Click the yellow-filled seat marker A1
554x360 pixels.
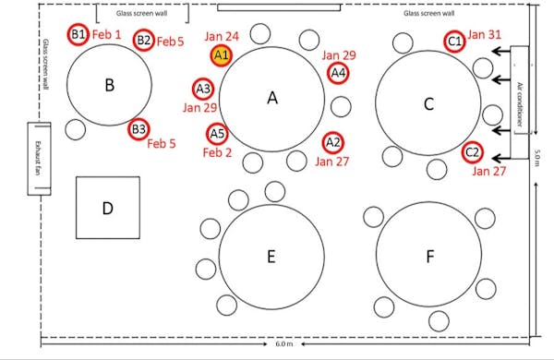(221, 55)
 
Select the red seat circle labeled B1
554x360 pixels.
(78, 34)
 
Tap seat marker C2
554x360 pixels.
(471, 151)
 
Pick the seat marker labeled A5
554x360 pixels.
(217, 134)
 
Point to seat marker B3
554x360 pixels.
(138, 129)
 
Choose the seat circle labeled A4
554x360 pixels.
(338, 73)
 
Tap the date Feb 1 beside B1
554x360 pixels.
(108, 33)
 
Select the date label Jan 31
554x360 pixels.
(485, 35)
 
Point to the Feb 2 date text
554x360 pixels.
(217, 152)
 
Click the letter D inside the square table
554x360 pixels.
(107, 209)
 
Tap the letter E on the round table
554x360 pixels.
(271, 257)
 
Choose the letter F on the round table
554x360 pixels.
(429, 257)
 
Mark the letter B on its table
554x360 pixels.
(109, 86)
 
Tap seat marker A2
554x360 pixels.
(333, 142)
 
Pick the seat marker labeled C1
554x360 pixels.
(454, 42)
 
